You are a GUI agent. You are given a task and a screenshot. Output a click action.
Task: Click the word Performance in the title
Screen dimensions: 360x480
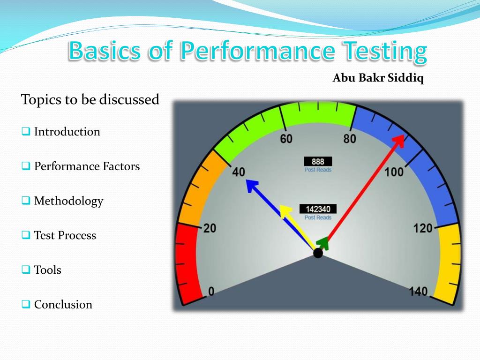[257, 52]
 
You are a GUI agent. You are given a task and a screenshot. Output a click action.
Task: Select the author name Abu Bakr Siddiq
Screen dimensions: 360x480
[378, 78]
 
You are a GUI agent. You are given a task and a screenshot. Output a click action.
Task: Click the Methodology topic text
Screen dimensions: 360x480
[68, 201]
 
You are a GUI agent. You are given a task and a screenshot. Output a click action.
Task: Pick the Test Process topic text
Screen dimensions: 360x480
[65, 235]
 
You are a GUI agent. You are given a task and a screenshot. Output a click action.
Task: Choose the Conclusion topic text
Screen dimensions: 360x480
[63, 305]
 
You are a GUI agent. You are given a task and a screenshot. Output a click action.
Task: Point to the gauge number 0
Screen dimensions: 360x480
[211, 292]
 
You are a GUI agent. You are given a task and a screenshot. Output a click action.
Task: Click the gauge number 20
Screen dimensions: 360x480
[210, 228]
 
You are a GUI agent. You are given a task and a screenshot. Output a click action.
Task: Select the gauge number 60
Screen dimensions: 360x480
[286, 139]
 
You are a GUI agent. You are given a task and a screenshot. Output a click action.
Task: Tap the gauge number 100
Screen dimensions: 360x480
[394, 172]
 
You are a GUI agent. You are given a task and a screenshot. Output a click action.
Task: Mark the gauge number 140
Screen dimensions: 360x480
[418, 292]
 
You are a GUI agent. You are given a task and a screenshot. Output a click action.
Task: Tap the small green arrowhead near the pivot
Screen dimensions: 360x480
[323, 242]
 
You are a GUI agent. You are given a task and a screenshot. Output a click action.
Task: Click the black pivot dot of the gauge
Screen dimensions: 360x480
[318, 253]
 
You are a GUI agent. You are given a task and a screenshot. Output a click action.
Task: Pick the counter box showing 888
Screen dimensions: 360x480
[318, 162]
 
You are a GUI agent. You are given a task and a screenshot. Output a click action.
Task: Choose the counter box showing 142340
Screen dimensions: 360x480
[318, 209]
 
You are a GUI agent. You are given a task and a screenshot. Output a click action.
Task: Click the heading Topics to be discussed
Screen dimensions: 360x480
[90, 100]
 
